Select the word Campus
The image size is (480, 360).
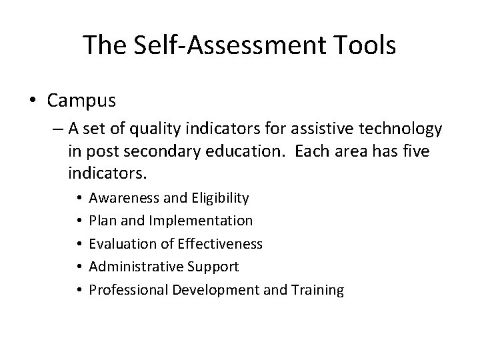(82, 101)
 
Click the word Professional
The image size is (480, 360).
(128, 290)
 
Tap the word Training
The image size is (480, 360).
(319, 290)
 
